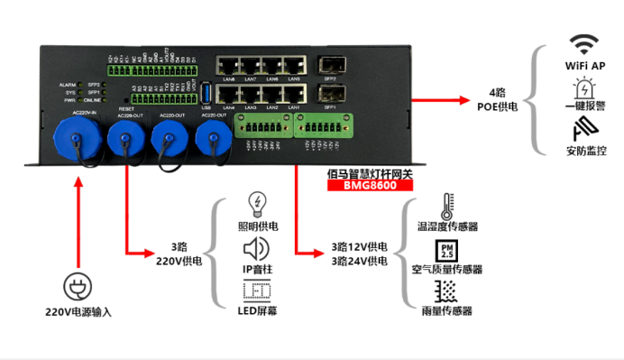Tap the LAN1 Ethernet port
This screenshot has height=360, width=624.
[x=294, y=93]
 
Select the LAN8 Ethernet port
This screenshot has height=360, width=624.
[x=227, y=65]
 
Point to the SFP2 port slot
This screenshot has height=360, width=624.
[x=329, y=66]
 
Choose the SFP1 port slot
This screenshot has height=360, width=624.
[x=329, y=93]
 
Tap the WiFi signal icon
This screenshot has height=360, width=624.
[x=584, y=43]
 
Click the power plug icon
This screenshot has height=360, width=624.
[x=78, y=287]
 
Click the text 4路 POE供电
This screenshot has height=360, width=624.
[x=497, y=99]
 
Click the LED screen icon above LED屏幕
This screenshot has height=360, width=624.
[x=257, y=291]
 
